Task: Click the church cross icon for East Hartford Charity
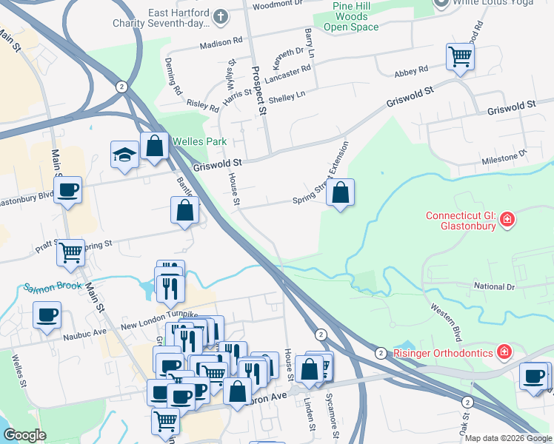click(221, 16)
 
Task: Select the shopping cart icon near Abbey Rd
click(460, 56)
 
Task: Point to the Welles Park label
click(199, 141)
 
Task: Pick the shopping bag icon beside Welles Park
click(154, 146)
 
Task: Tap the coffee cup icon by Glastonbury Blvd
click(67, 189)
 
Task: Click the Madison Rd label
click(221, 43)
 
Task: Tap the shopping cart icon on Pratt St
click(70, 252)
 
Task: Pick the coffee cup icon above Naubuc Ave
click(47, 314)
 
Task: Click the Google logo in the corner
click(24, 435)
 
